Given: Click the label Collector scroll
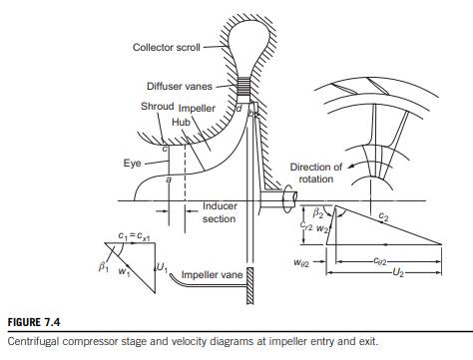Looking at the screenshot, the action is [167, 47].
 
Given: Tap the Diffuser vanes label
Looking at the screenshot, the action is [180, 87].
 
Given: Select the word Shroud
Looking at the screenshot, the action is [158, 107].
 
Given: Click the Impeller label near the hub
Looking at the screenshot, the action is [197, 109].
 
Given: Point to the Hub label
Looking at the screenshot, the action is [181, 123].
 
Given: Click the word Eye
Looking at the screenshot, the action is [132, 164].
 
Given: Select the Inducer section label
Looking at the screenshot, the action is [220, 212].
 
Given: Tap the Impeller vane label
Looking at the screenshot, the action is [212, 275].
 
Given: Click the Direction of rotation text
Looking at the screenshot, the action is [315, 173].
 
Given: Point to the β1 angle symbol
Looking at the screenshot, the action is [104, 266].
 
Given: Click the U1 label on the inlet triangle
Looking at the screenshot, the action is [162, 267].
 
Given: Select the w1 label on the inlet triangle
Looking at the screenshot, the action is [124, 271].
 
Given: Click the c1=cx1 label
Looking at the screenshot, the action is [134, 236].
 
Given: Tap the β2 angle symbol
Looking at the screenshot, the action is [318, 212].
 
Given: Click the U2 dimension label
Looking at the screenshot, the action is [398, 272].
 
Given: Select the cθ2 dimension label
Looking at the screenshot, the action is [380, 261].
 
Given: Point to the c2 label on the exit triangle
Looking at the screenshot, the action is [383, 217].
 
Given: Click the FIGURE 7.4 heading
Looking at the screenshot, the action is [34, 322].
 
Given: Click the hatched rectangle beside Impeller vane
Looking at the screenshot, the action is [249, 285].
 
